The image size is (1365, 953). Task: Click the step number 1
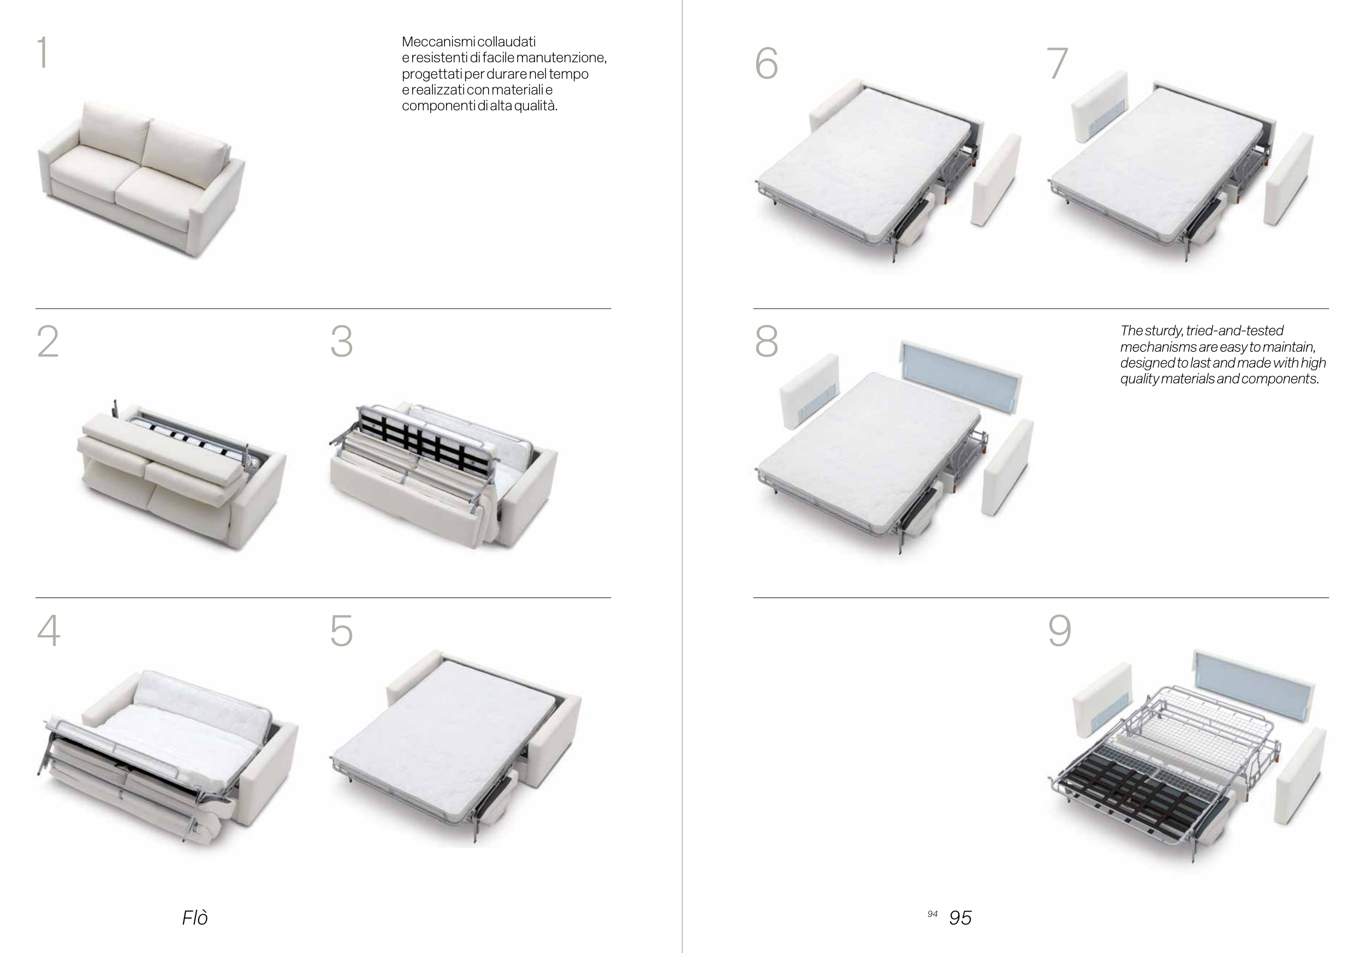coord(42,52)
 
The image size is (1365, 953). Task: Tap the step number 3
coord(342,342)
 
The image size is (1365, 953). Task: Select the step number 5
coord(342,630)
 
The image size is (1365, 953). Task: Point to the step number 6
coord(767,63)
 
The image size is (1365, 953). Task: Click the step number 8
coord(767,342)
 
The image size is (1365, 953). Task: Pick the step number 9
coord(1059,630)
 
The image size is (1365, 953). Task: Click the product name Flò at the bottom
coord(195,918)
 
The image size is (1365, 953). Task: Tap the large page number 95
coord(960,918)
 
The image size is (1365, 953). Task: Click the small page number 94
coord(932,914)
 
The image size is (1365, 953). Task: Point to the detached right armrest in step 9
coord(1300,776)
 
